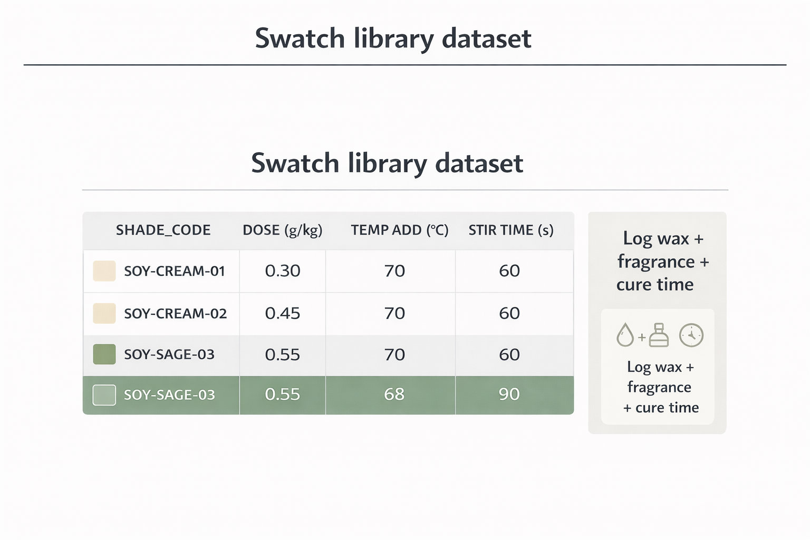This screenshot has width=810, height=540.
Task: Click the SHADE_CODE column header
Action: (x=163, y=230)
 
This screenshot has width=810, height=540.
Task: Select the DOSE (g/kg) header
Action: (x=282, y=230)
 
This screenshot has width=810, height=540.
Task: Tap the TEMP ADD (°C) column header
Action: (x=400, y=230)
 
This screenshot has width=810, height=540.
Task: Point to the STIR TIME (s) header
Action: (x=511, y=230)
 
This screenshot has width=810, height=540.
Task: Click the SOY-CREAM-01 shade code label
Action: (x=175, y=271)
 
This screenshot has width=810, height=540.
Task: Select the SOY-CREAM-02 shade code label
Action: (x=175, y=314)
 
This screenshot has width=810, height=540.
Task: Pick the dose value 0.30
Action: (x=283, y=271)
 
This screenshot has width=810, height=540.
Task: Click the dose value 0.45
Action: (x=283, y=314)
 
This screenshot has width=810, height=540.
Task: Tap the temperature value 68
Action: (x=394, y=394)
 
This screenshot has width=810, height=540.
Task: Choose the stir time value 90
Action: (x=509, y=394)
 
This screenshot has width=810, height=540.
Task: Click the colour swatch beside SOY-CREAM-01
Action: (x=104, y=271)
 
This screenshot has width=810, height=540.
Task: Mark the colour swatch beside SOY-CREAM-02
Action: (x=104, y=313)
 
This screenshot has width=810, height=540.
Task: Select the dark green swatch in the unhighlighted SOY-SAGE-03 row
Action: (x=104, y=354)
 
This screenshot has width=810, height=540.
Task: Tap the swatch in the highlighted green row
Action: (x=104, y=395)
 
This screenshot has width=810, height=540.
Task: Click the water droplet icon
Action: (x=625, y=335)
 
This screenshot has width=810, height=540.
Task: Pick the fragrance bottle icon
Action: (x=659, y=335)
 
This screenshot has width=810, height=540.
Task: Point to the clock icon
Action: (x=691, y=335)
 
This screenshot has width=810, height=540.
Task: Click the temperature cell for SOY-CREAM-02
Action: (x=394, y=314)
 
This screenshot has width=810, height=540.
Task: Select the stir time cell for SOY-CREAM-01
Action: (x=509, y=271)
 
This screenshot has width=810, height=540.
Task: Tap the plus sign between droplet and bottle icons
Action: (x=642, y=337)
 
